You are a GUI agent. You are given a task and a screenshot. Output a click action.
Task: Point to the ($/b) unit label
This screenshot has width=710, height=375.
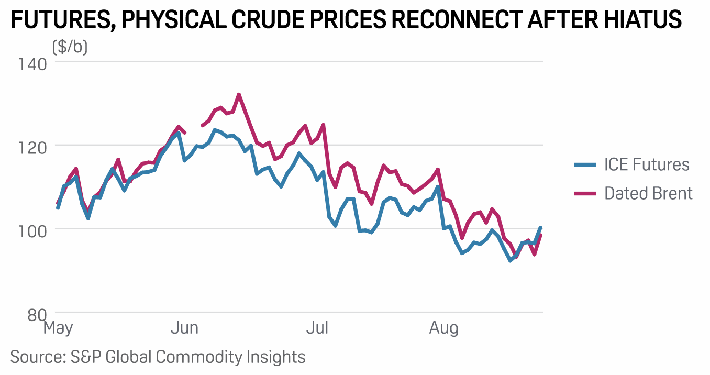(x=70, y=47)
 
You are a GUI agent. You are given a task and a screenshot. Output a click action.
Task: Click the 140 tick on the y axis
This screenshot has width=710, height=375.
(x=32, y=64)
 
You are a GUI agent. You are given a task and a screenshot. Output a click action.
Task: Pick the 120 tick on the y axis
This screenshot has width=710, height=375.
(x=32, y=146)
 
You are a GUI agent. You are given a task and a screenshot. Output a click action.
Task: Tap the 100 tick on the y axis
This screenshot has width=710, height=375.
(x=32, y=230)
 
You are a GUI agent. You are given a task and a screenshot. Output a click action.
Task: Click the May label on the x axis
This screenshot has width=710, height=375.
(x=58, y=328)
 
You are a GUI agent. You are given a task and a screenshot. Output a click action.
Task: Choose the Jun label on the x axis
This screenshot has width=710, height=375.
(x=184, y=328)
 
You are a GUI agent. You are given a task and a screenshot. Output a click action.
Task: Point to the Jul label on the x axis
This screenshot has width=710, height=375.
(x=317, y=328)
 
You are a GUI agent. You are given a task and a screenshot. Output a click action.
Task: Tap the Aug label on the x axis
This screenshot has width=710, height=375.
(x=443, y=328)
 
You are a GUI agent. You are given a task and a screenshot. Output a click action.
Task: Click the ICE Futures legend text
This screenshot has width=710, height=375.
(x=647, y=165)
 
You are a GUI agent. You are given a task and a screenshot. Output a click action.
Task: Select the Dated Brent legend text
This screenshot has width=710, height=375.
(x=648, y=193)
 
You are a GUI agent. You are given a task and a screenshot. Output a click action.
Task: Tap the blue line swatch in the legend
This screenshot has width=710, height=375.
(x=585, y=165)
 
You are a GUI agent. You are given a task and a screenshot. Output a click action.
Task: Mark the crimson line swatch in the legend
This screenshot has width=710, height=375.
(x=585, y=193)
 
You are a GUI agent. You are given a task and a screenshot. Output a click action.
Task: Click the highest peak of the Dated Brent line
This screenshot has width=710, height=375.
(x=239, y=94)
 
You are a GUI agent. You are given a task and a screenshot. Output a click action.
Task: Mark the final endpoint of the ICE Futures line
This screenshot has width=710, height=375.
(x=540, y=228)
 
